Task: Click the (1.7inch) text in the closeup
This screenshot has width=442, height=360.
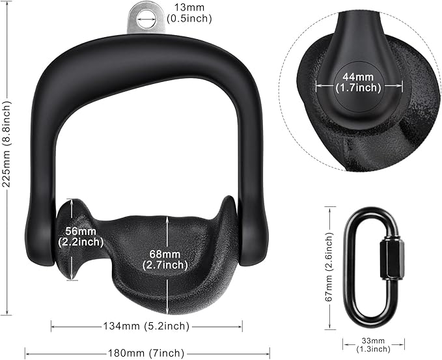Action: point(360,88)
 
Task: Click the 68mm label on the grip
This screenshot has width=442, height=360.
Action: point(165,255)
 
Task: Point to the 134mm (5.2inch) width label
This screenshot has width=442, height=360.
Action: point(146,325)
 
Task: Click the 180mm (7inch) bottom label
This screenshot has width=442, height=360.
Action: point(148,353)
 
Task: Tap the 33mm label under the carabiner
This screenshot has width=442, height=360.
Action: point(374,340)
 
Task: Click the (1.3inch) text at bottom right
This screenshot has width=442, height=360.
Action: point(374,349)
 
